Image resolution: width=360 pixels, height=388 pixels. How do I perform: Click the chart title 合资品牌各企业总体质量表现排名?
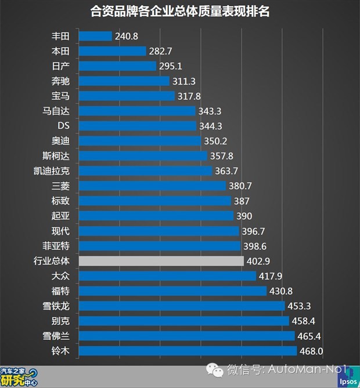(180, 11)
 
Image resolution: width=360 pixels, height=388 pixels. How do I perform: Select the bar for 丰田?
(95, 36)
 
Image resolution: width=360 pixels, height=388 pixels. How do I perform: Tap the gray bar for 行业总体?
(161, 261)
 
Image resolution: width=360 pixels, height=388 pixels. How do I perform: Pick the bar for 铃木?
(188, 351)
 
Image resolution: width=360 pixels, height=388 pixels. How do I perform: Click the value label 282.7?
(161, 51)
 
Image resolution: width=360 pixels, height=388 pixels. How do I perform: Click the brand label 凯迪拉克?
(53, 171)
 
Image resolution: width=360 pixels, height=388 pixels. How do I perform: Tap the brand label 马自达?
(58, 111)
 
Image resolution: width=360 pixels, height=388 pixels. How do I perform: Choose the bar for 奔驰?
(124, 81)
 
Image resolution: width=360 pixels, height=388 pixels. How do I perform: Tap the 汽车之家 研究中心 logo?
(20, 377)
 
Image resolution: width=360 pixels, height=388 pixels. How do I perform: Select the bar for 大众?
(167, 276)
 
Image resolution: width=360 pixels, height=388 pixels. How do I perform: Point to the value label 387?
(242, 201)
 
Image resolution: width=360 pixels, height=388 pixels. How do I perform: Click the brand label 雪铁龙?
(58, 306)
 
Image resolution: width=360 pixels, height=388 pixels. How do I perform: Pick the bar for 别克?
(183, 321)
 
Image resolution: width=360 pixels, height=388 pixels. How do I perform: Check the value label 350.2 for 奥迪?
(215, 141)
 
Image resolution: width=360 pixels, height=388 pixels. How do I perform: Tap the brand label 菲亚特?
(58, 246)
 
